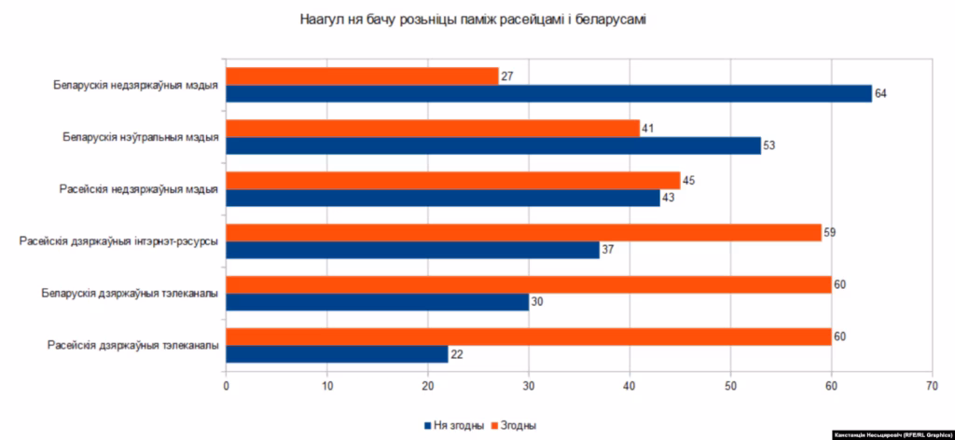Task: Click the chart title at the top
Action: (x=475, y=19)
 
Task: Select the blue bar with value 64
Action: (x=548, y=93)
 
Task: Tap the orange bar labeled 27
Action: (x=362, y=76)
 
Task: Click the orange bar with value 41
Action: (x=433, y=129)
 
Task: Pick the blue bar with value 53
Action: (x=493, y=145)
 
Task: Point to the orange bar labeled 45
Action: (x=453, y=180)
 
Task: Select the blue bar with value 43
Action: (x=443, y=198)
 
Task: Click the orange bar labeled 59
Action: (x=523, y=232)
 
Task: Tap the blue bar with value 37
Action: (x=412, y=250)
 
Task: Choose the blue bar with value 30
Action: (x=377, y=302)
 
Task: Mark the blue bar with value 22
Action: (x=337, y=354)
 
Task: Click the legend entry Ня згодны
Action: (x=453, y=426)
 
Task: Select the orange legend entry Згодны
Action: (x=512, y=426)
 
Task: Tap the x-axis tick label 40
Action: (x=630, y=382)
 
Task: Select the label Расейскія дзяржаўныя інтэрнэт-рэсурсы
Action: (x=119, y=241)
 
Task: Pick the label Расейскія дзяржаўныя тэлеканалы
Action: (x=133, y=346)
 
